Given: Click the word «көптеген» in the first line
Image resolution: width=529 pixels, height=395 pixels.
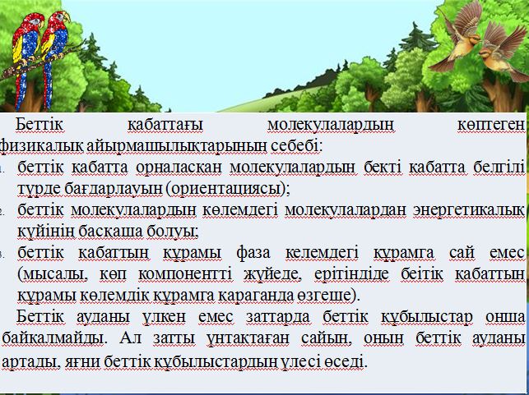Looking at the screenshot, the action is (x=491, y=126).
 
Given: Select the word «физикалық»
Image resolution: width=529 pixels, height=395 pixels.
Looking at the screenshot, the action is (x=41, y=146).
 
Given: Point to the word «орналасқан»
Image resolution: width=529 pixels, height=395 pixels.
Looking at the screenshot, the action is (x=179, y=168).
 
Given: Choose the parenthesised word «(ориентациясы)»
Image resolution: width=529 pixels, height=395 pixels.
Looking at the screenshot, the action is (x=228, y=189).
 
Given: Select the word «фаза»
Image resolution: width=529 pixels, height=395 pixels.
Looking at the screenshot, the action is (x=253, y=253).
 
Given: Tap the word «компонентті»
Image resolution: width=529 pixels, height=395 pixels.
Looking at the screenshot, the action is (x=185, y=274).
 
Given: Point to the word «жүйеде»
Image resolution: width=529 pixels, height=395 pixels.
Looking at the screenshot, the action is (x=273, y=274).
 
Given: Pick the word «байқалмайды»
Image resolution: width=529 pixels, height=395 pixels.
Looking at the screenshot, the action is (x=54, y=339).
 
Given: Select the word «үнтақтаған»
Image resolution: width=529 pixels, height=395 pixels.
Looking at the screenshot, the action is (x=248, y=338).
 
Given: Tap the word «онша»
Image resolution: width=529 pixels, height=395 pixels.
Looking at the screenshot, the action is (x=505, y=316).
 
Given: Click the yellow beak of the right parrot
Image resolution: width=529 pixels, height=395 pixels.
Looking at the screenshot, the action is (x=66, y=16).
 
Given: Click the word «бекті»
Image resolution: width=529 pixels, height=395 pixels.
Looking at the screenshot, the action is (x=383, y=168).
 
